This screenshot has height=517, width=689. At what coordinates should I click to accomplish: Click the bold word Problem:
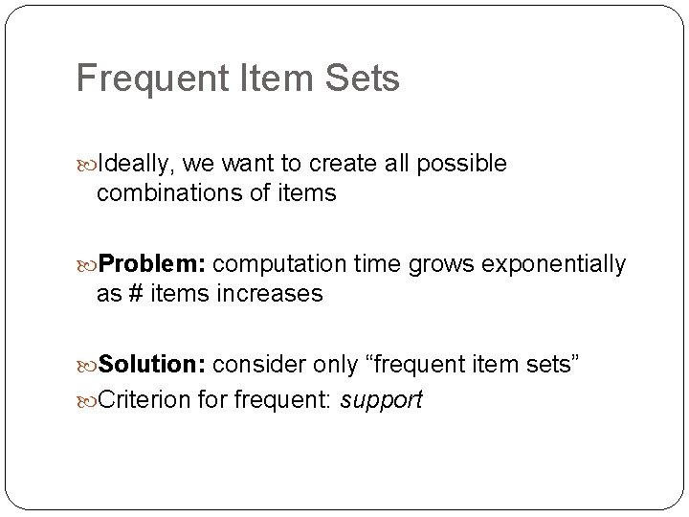click(152, 263)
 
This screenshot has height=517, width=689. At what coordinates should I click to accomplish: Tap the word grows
click(436, 263)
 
